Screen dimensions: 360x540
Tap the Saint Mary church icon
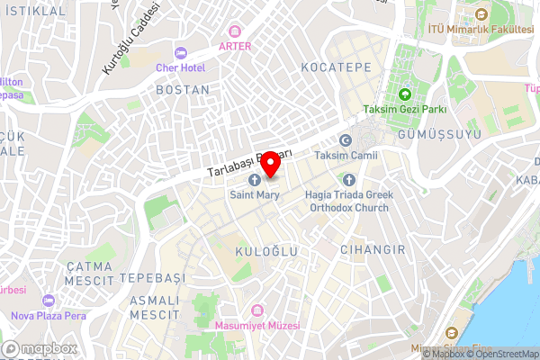click(x=253, y=179)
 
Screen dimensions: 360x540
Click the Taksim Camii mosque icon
click(x=345, y=139)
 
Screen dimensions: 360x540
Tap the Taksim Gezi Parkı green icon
click(x=405, y=94)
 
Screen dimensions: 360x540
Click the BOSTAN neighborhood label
click(x=183, y=90)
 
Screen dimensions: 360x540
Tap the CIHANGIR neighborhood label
click(x=373, y=249)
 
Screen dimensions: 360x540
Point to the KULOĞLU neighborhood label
click(x=265, y=253)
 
